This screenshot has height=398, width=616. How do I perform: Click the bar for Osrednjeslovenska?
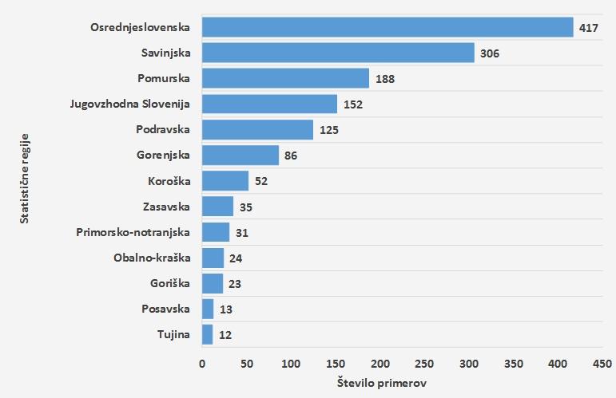coord(387,27)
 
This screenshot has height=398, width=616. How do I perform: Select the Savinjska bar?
coord(338,53)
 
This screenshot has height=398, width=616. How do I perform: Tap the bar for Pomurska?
coord(285,78)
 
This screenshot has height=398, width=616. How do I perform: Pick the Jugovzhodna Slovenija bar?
coord(269,104)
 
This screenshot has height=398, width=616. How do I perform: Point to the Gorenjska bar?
coord(240,155)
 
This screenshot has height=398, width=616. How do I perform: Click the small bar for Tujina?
coord(207,334)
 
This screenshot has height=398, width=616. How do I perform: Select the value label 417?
coord(589,28)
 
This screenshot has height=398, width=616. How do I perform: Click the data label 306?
coord(491,53)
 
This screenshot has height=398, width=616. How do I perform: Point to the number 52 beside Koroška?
coord(262,181)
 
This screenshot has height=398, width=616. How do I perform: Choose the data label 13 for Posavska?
coord(225,309)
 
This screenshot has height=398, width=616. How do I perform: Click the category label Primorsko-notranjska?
coord(133,232)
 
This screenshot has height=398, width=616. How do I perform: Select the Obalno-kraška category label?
coord(152,258)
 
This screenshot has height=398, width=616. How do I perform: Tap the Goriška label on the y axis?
coord(169,283)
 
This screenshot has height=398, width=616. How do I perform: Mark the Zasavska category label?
coord(166,207)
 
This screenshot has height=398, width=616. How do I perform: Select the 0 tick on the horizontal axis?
coord(202,364)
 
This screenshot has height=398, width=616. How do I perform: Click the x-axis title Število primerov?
coord(382,384)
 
